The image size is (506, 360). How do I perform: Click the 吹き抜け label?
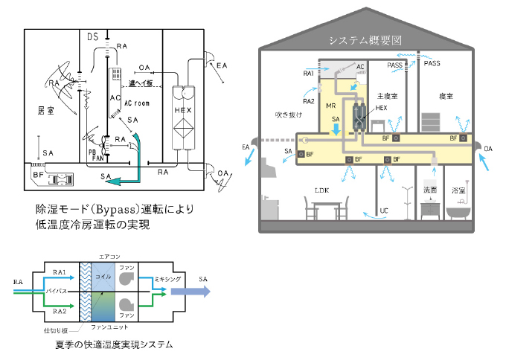[x=286, y=115]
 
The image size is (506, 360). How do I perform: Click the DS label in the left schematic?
[x=93, y=36]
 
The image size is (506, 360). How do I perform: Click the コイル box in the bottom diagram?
[x=104, y=277]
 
